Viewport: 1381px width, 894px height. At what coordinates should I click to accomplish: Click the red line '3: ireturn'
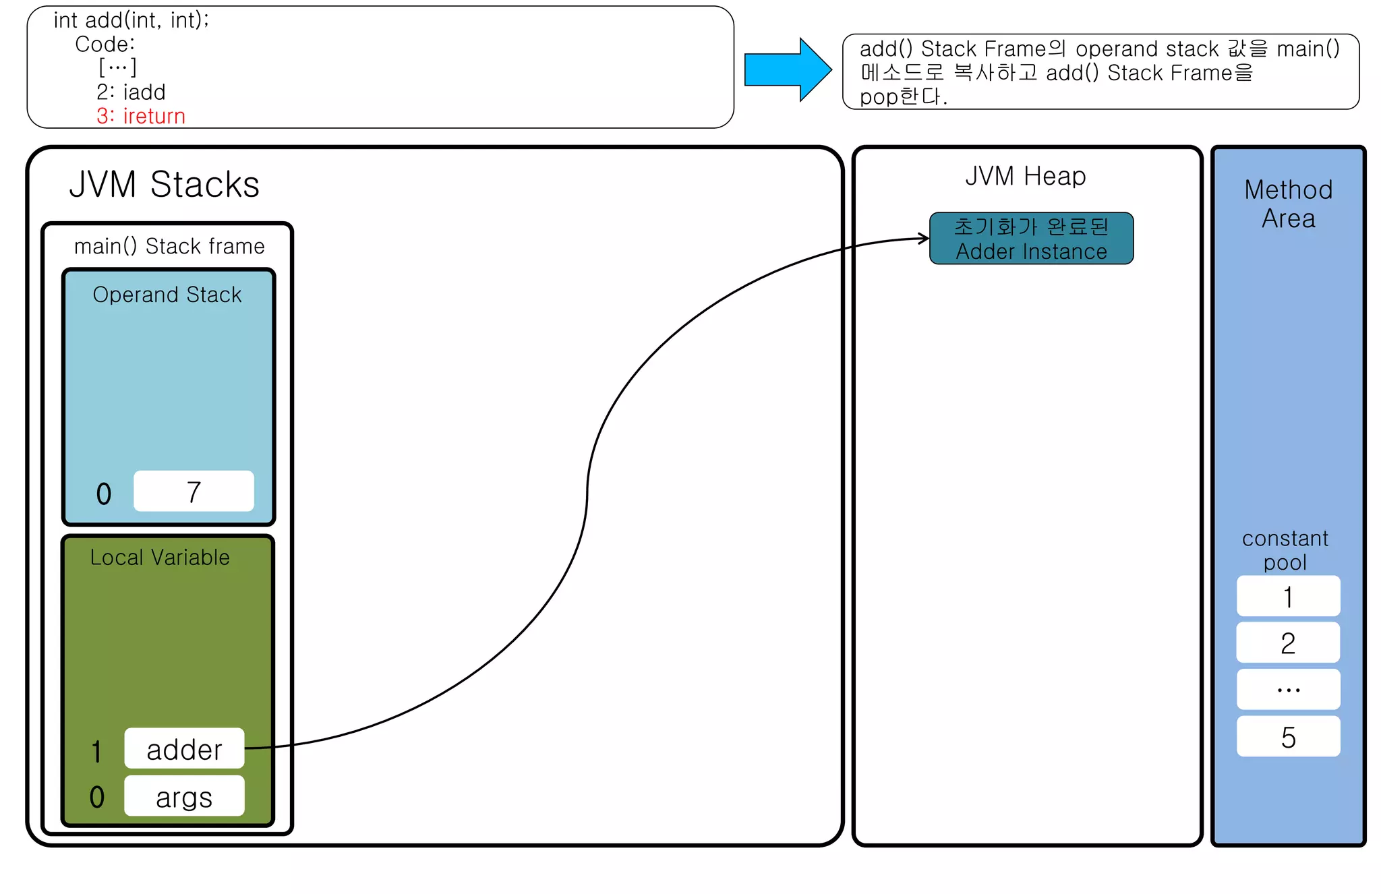(140, 116)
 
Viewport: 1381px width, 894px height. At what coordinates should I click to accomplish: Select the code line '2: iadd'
(131, 92)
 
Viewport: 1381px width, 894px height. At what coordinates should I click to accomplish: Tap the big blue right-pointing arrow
(787, 69)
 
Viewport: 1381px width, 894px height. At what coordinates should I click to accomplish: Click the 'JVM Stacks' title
(164, 184)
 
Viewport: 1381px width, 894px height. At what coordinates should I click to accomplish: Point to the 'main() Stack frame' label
(169, 246)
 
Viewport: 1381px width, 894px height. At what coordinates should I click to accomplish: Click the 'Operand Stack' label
(167, 295)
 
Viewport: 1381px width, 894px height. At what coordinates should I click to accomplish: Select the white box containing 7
(194, 491)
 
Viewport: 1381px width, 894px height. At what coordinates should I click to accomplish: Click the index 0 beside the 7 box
(104, 494)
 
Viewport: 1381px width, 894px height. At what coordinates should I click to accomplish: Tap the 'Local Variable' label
(160, 557)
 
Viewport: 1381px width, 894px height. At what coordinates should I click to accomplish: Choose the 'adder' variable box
(184, 748)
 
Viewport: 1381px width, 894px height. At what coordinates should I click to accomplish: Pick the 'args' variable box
(184, 796)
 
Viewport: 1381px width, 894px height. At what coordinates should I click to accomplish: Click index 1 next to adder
(97, 751)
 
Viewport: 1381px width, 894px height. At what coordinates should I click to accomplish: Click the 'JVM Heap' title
(1025, 176)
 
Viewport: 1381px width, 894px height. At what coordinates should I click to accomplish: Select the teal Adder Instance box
(1031, 239)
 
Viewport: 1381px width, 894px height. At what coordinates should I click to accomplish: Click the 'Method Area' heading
(1288, 204)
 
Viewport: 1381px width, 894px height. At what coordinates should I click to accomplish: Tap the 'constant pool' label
(1285, 550)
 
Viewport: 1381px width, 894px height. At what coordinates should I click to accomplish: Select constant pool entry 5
(1288, 736)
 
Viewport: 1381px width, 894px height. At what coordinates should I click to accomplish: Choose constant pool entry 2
(1288, 643)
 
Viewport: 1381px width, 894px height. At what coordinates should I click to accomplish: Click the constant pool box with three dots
(1288, 689)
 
